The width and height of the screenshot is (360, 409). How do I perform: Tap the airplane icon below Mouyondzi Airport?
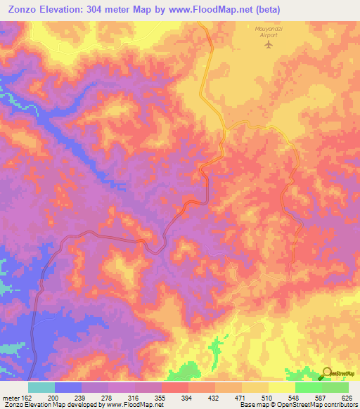pyautogui.click(x=267, y=45)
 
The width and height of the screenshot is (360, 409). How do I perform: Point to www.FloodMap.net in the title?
pyautogui.click(x=223, y=9)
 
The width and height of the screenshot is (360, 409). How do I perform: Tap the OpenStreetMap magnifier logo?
pyautogui.click(x=326, y=373)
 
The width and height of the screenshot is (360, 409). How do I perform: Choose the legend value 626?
pyautogui.click(x=347, y=398)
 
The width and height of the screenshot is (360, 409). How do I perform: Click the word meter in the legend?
pyautogui.click(x=10, y=398)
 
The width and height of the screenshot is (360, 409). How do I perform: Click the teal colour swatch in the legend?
pyautogui.click(x=41, y=387)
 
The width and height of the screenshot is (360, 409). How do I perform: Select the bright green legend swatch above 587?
pyautogui.click(x=309, y=387)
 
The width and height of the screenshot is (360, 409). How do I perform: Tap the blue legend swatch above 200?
pyautogui.click(x=68, y=387)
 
